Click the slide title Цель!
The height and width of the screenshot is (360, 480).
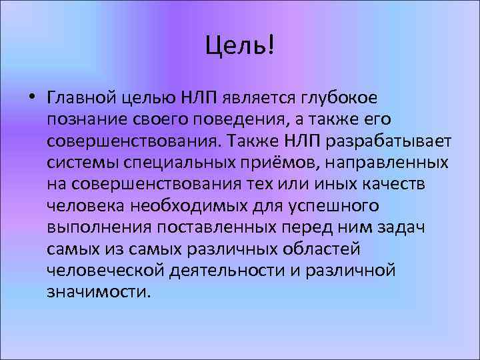click(x=239, y=47)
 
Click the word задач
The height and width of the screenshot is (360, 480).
click(x=401, y=227)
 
